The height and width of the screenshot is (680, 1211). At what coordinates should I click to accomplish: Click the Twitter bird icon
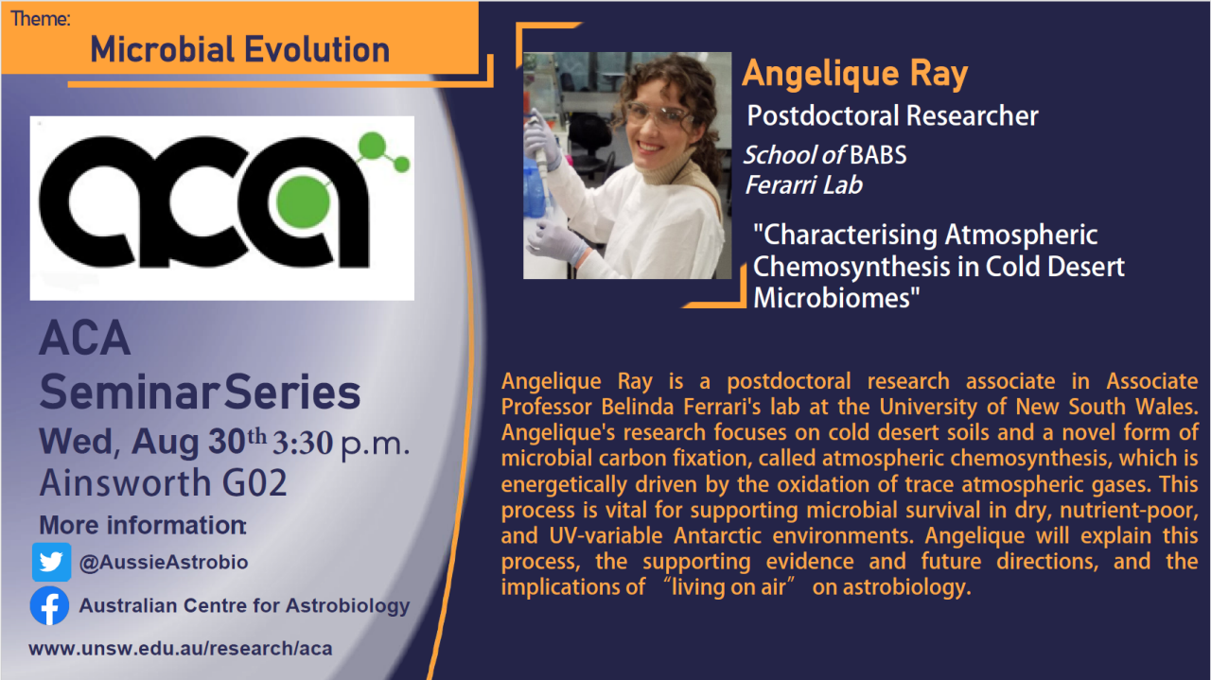click(51, 562)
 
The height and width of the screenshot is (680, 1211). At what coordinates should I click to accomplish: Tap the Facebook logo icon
click(50, 606)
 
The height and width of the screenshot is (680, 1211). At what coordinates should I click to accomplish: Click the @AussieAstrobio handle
click(164, 562)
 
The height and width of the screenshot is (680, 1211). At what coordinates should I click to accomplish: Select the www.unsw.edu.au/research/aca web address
click(181, 648)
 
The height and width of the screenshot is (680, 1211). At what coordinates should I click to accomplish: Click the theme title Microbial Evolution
click(240, 50)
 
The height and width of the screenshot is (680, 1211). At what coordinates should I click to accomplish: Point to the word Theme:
click(41, 18)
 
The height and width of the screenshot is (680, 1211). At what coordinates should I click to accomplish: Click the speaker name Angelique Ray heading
click(854, 74)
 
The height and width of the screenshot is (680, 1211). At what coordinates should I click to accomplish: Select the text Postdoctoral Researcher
click(892, 115)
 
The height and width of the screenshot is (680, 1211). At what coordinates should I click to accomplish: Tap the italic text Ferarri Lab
click(804, 184)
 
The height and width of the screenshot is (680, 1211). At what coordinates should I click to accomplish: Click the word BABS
click(878, 155)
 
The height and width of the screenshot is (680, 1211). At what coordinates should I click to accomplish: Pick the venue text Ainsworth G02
click(164, 482)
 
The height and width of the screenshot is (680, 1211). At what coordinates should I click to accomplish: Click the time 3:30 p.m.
click(341, 444)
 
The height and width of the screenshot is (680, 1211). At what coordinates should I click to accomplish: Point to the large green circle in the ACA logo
click(304, 202)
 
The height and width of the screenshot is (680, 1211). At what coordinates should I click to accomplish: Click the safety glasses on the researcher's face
click(659, 115)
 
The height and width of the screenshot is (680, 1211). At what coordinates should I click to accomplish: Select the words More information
click(143, 525)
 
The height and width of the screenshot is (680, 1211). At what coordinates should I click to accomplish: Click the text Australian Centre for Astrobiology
click(244, 606)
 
